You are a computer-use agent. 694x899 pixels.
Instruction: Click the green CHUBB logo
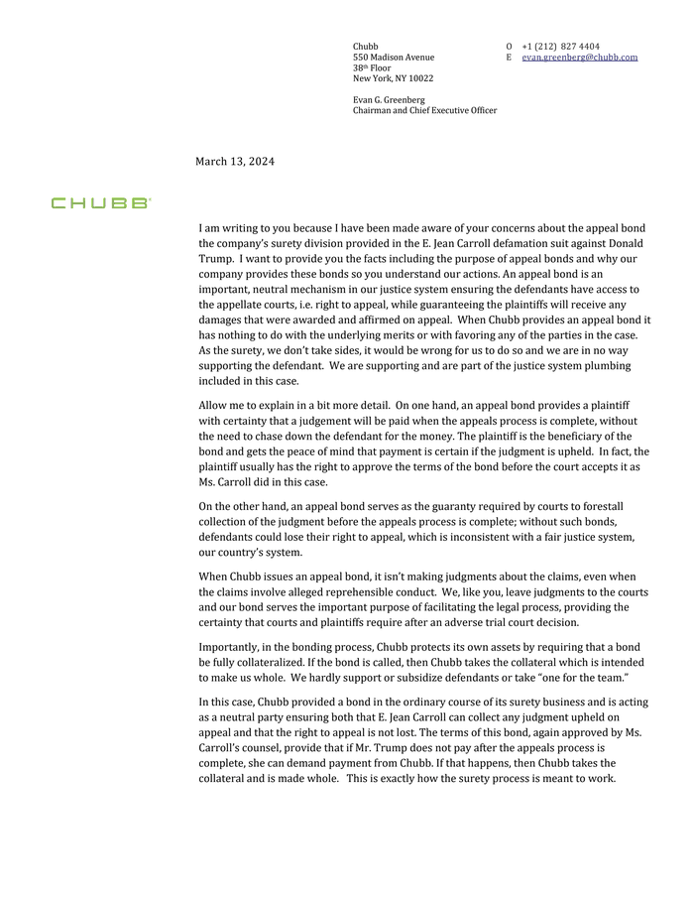101,202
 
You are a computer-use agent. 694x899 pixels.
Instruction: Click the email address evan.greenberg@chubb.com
579,58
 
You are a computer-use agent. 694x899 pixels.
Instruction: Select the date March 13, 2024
235,162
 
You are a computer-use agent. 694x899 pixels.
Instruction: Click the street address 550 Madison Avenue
394,58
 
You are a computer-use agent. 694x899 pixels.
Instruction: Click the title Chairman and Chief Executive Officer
424,110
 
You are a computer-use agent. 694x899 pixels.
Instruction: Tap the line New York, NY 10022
393,78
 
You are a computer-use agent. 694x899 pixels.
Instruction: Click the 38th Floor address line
373,67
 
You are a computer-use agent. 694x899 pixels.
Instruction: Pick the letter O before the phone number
509,47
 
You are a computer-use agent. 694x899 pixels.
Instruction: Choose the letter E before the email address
509,58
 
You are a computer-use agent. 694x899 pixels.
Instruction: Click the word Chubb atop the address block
366,47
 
